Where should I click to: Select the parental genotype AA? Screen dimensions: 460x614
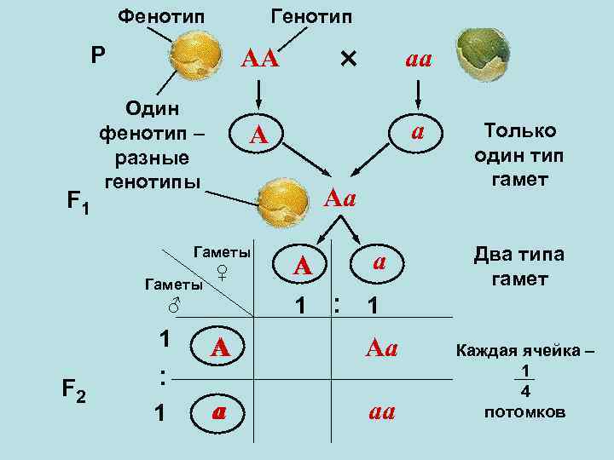(x=259, y=60)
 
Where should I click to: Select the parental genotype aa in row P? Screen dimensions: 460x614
(x=418, y=60)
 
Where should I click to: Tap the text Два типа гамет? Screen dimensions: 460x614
(x=519, y=267)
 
